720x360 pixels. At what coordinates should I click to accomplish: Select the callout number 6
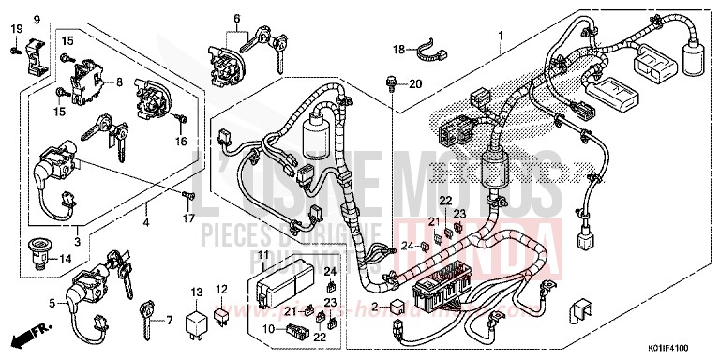click(x=237, y=18)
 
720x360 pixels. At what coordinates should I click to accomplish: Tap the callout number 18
click(x=397, y=49)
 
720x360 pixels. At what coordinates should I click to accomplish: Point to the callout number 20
click(x=416, y=83)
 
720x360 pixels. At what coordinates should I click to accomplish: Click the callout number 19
click(x=17, y=29)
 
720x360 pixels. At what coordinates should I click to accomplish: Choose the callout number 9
click(x=37, y=20)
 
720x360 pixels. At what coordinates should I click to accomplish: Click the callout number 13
click(x=195, y=292)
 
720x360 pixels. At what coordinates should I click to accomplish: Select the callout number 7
click(x=170, y=320)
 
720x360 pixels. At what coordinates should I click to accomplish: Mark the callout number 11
click(x=263, y=255)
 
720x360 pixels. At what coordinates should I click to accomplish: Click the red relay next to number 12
click(x=220, y=312)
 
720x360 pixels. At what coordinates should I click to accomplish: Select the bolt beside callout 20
click(x=390, y=84)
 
